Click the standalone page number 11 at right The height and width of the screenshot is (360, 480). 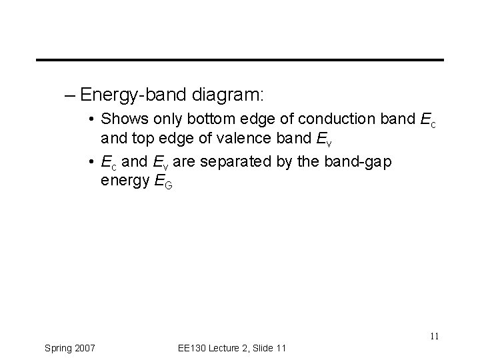coord(435,336)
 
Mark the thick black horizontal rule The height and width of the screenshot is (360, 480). coord(240,60)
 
